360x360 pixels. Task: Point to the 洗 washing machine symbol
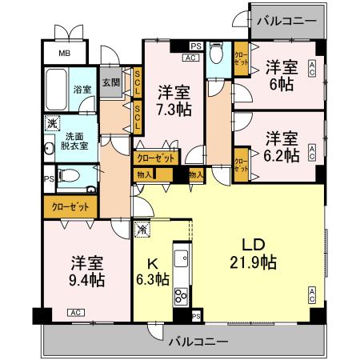[52, 123]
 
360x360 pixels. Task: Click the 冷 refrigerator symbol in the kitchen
[142, 230]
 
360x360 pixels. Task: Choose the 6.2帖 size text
[282, 154]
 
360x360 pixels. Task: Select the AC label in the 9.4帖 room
[74, 312]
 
